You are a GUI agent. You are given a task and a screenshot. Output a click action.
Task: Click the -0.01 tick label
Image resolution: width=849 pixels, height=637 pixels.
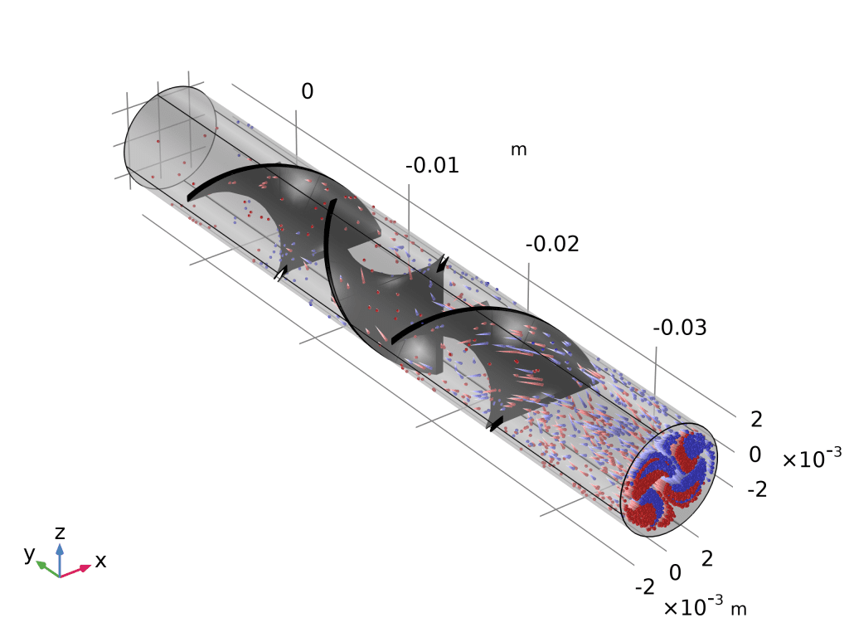coord(432,166)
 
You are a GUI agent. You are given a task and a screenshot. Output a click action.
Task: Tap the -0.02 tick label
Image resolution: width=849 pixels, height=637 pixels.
coord(552,245)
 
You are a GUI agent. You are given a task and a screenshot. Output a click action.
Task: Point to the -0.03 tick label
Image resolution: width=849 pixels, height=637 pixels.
coord(680,328)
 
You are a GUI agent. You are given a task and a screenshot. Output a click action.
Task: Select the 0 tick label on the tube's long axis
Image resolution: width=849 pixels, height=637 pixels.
coord(307,91)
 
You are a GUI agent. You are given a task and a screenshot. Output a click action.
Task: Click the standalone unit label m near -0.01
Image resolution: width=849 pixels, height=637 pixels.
coord(519,149)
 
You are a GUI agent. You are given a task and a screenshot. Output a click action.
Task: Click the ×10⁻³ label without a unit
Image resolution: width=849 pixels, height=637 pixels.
coord(812,458)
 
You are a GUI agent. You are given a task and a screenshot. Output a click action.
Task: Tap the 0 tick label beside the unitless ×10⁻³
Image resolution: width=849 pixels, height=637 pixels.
coord(754,455)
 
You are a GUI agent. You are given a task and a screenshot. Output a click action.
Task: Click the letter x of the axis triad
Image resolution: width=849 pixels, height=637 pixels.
coord(100,562)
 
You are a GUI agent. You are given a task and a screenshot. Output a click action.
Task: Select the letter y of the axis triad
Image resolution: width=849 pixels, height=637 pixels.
coord(29,553)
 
